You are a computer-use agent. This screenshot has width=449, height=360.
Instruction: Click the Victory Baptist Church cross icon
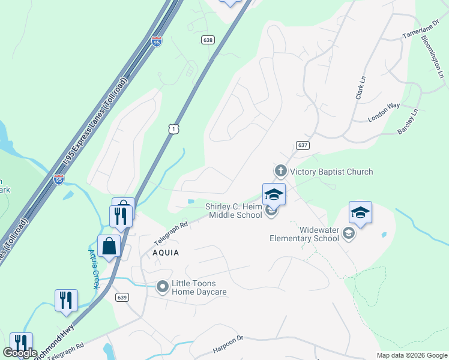tap(280, 172)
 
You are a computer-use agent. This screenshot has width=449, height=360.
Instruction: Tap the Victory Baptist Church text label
tap(331, 172)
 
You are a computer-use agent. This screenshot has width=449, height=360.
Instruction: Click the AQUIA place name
tap(166, 253)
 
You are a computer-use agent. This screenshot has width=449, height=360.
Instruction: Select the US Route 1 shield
tap(173, 130)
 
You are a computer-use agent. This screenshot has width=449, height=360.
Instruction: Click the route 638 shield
tap(208, 40)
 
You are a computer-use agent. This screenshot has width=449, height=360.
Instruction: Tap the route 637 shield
tap(302, 146)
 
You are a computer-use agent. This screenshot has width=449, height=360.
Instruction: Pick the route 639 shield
tap(122, 297)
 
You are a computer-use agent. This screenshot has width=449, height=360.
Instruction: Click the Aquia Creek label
tap(94, 268)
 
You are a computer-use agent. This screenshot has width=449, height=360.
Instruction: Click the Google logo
tap(20, 353)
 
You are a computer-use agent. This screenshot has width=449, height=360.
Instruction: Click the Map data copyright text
tap(412, 355)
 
